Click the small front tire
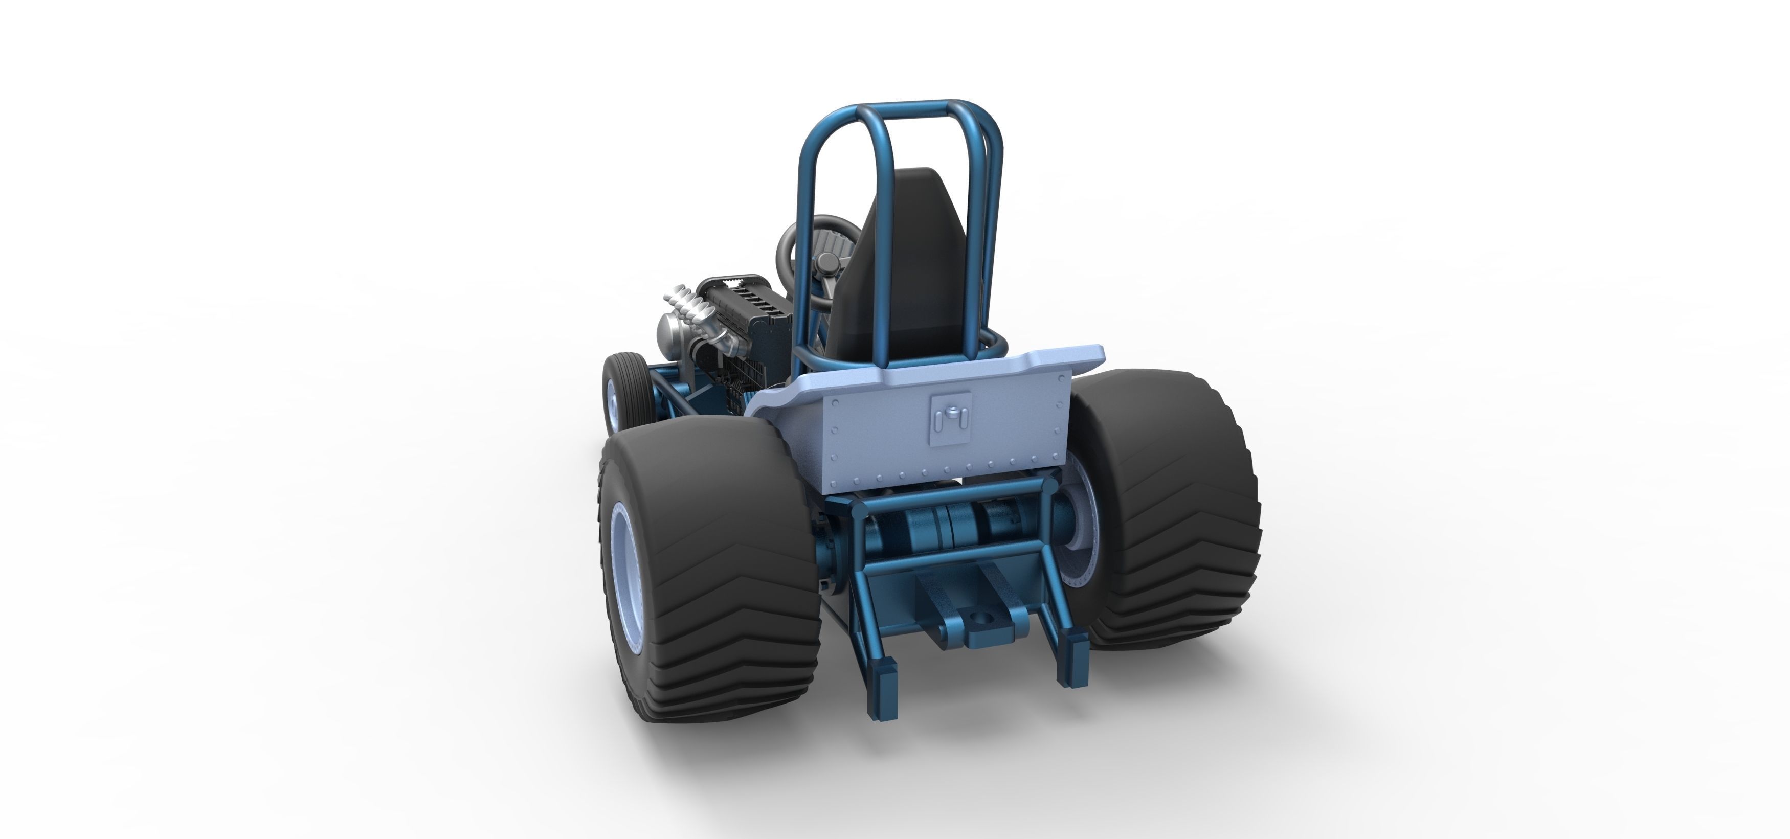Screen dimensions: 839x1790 click(x=618, y=389)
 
